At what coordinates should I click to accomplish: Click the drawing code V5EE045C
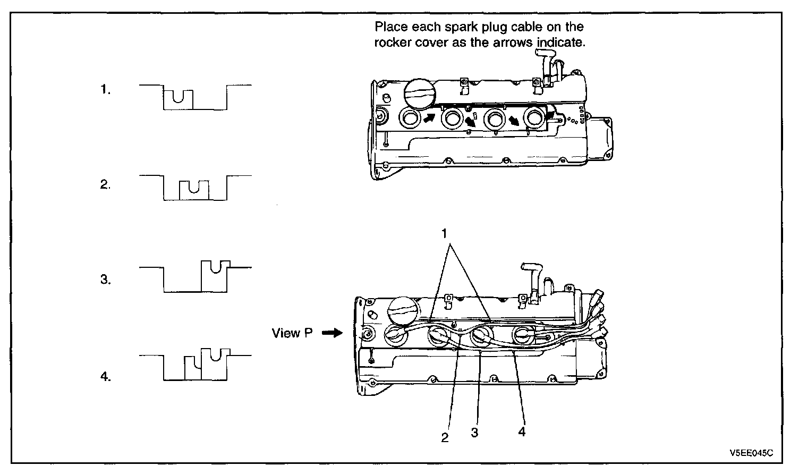(x=751, y=453)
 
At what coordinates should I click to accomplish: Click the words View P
(x=292, y=333)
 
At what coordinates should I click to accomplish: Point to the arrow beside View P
(x=332, y=333)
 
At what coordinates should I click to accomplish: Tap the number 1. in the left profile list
(x=106, y=89)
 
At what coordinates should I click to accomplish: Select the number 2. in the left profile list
(x=106, y=184)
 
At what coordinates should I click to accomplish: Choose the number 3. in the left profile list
(x=106, y=280)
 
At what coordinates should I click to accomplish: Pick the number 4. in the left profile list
(x=106, y=376)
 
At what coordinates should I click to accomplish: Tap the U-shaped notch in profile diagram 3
(x=216, y=267)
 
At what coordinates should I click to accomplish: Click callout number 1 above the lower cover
(x=444, y=234)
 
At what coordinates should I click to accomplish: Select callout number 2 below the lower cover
(x=445, y=438)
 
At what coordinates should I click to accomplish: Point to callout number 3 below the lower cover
(x=474, y=433)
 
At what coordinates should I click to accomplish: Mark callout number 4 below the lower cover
(x=522, y=432)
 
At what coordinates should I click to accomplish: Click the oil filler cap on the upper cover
(x=420, y=94)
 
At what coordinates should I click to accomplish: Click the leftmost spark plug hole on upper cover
(x=410, y=118)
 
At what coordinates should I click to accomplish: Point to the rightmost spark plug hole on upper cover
(x=534, y=117)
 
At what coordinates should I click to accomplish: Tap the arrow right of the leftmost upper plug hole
(x=429, y=117)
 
